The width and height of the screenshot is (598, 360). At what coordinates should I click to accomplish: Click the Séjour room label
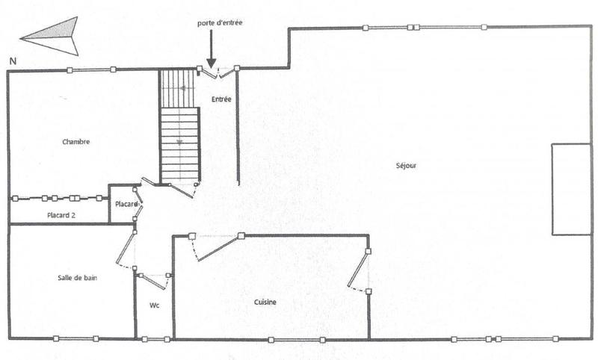click(x=406, y=165)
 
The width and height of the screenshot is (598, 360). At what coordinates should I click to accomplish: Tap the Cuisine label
click(x=265, y=302)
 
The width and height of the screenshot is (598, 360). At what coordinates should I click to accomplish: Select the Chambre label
click(x=76, y=142)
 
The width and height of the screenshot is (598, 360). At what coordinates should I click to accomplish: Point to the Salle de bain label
click(x=78, y=277)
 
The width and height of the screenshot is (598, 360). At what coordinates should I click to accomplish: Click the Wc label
click(x=154, y=305)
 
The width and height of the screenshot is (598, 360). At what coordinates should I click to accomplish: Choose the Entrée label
click(x=221, y=99)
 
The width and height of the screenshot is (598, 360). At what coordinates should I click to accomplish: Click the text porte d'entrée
click(x=220, y=23)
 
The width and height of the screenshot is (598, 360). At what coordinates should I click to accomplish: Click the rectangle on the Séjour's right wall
click(x=571, y=189)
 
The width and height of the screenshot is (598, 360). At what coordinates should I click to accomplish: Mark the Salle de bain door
click(x=126, y=250)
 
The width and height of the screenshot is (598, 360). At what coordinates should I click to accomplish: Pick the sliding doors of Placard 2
click(x=58, y=199)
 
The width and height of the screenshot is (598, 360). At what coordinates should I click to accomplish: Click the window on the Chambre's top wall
click(x=91, y=70)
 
